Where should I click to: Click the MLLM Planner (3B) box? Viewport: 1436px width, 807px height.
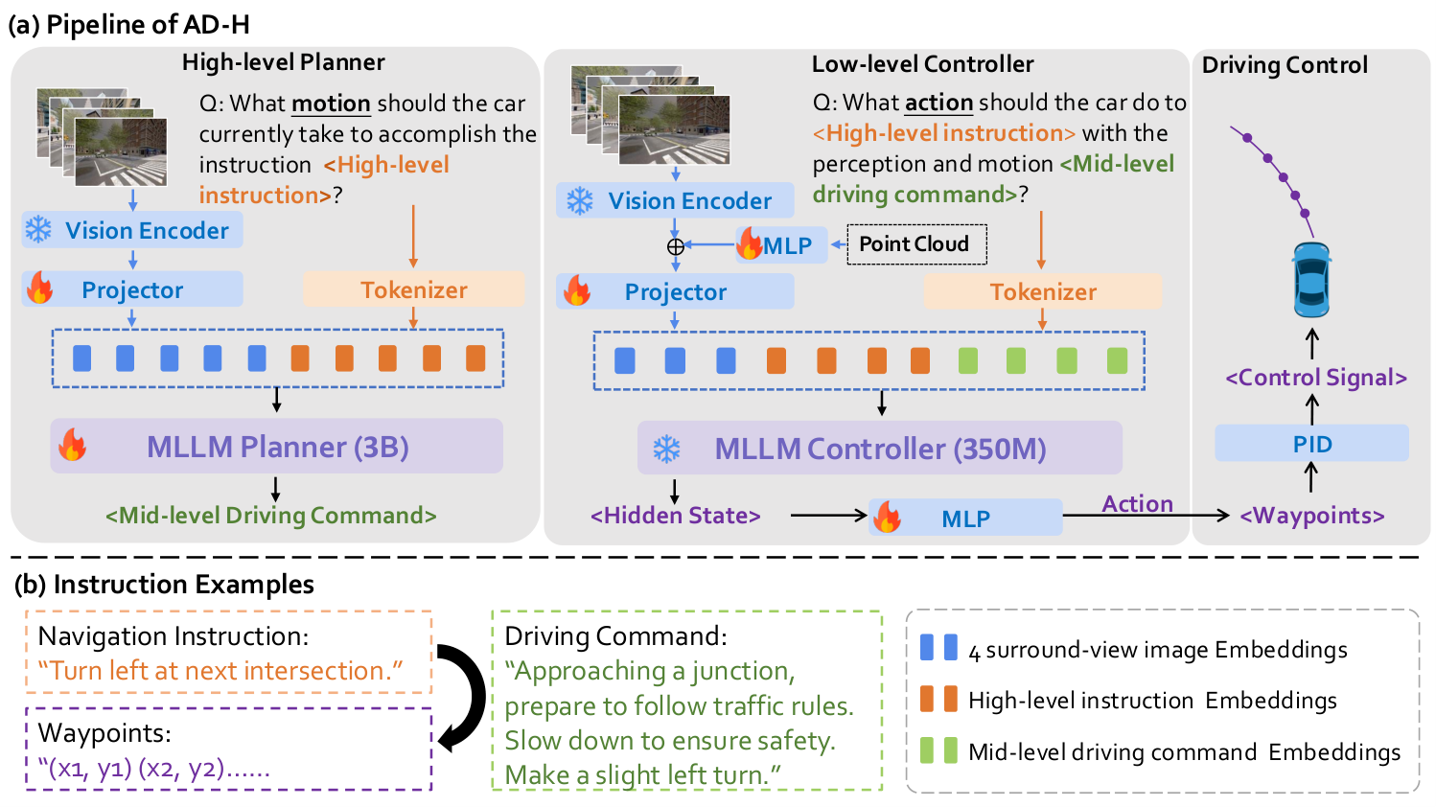coord(276,446)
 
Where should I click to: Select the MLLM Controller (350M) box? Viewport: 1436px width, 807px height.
coord(880,448)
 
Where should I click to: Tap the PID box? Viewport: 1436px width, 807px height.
coord(1311,443)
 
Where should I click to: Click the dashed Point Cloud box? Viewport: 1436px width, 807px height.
coord(916,244)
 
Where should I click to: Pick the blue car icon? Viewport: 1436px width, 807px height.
coord(1311,280)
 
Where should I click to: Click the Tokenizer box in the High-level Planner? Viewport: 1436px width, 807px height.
coord(413,289)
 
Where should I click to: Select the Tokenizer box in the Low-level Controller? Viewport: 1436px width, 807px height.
coord(1042,291)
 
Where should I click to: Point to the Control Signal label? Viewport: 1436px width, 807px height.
coord(1316,377)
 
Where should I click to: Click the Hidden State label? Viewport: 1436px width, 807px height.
coord(675,516)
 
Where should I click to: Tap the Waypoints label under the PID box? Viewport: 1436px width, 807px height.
coord(1312,516)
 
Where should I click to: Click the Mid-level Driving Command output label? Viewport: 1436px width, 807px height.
coord(271,516)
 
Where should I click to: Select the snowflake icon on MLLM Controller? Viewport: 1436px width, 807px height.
coord(667,449)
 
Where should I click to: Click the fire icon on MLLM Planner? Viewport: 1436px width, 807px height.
coord(73,445)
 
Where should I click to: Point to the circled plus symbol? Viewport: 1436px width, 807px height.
coord(675,246)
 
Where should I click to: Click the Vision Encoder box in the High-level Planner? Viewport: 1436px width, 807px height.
coord(132,229)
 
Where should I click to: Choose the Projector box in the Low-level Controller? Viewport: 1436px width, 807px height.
coord(675,291)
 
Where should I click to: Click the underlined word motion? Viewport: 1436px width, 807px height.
coord(331,104)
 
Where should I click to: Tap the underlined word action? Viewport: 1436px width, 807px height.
coord(939,102)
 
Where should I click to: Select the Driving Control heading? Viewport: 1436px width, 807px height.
coord(1285,65)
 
